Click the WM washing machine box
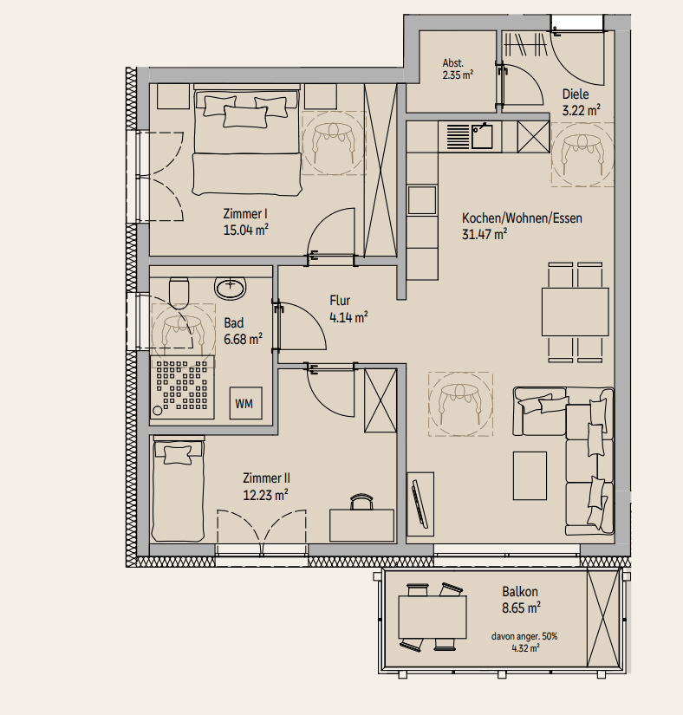click(246, 403)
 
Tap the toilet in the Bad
click(179, 292)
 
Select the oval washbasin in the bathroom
click(231, 288)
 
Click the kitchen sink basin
click(482, 136)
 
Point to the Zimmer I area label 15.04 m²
click(246, 230)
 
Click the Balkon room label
click(520, 592)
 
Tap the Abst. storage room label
click(452, 63)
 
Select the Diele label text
click(576, 94)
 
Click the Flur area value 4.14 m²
click(348, 317)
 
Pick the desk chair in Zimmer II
click(361, 502)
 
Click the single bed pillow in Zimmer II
click(178, 455)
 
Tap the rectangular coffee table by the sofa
click(530, 476)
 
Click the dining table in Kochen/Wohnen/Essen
click(576, 312)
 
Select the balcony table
click(433, 617)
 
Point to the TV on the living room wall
click(420, 504)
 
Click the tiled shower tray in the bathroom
click(182, 387)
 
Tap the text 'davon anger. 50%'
click(524, 636)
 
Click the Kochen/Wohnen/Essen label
click(522, 218)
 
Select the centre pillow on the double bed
click(245, 117)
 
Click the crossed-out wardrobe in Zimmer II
click(381, 400)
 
